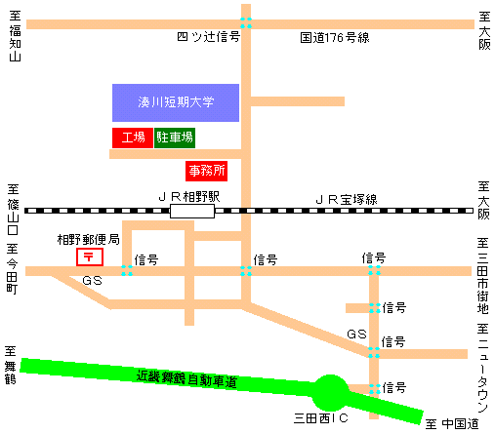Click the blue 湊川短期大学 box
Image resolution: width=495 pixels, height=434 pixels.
(x=176, y=102)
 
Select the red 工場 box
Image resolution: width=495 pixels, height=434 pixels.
(x=132, y=138)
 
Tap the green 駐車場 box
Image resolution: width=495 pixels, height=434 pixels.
(x=175, y=138)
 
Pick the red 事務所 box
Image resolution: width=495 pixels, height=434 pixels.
(x=206, y=171)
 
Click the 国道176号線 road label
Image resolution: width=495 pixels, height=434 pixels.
(x=334, y=38)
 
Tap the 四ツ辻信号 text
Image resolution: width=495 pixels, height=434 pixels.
(x=207, y=38)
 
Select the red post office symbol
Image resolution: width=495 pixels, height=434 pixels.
(x=89, y=257)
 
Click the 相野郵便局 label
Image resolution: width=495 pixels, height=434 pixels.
(x=88, y=239)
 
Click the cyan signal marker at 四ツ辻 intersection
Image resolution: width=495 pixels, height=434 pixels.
(x=246, y=22)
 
